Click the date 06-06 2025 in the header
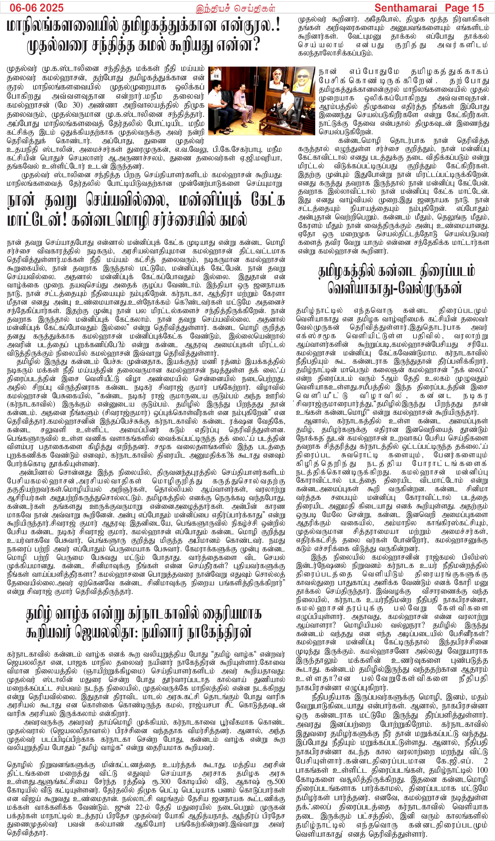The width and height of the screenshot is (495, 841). click(x=37, y=7)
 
